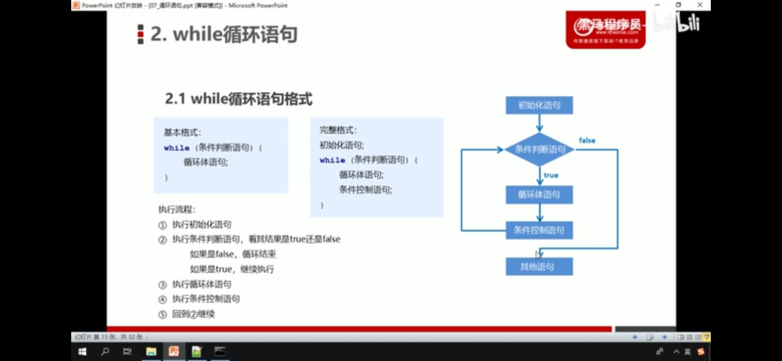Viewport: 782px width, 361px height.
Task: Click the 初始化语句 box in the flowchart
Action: click(x=539, y=105)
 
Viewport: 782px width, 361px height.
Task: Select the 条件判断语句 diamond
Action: click(x=539, y=149)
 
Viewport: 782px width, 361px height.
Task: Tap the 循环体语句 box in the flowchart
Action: click(x=539, y=195)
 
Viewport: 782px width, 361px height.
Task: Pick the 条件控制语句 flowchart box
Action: click(x=539, y=230)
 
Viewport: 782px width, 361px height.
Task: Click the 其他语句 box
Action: click(x=539, y=266)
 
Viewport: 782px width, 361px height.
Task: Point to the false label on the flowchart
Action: click(x=587, y=140)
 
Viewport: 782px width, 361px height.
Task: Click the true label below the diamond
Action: click(x=551, y=175)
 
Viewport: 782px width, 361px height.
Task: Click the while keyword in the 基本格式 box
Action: click(x=176, y=148)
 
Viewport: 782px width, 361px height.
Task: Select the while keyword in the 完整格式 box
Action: click(x=332, y=160)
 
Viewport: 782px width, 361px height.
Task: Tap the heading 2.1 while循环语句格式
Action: click(x=239, y=99)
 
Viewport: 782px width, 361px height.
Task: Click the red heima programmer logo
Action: click(x=605, y=30)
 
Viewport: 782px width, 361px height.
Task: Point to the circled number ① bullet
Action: click(x=162, y=225)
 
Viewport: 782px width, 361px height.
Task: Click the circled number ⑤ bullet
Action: click(x=162, y=315)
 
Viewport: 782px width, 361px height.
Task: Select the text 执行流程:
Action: click(x=177, y=210)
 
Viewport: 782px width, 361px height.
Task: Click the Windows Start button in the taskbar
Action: click(x=82, y=352)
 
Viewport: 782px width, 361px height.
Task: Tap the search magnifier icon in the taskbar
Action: click(x=105, y=352)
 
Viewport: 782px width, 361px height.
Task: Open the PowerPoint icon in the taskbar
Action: click(x=174, y=352)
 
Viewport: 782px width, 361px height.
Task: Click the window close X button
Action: click(x=700, y=5)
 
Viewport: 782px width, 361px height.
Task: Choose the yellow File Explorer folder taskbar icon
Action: click(x=151, y=352)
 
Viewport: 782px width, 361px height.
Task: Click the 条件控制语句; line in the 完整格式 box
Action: click(x=366, y=190)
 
